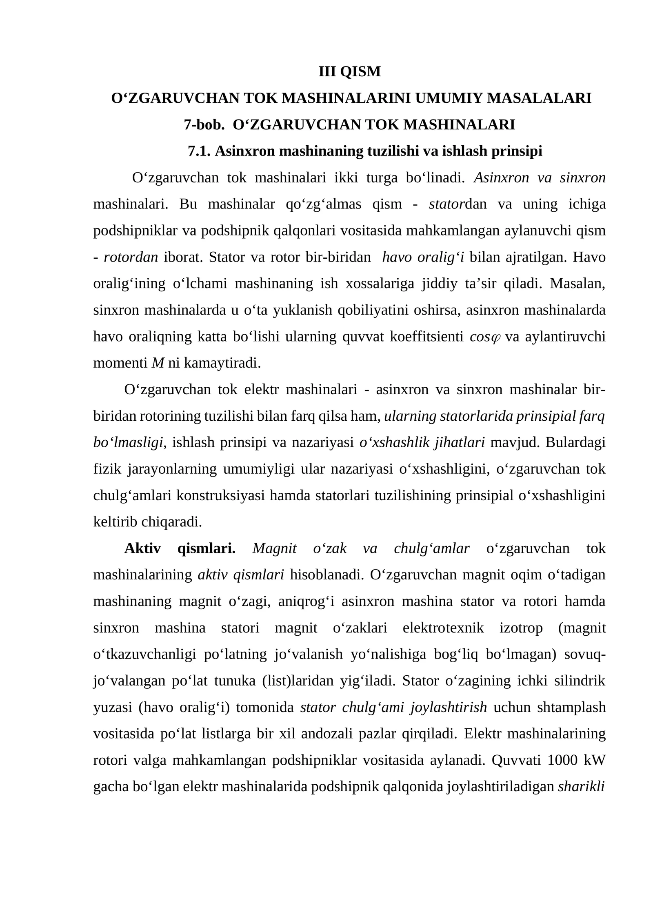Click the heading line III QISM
point(349,72)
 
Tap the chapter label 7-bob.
point(204,125)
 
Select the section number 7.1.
point(199,151)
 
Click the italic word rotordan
point(131,257)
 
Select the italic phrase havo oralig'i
point(423,257)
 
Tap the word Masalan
point(577,284)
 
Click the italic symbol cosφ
point(485,337)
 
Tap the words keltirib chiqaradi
point(148,522)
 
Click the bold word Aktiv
point(142,549)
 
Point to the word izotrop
point(521,628)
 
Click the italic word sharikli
point(581,787)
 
